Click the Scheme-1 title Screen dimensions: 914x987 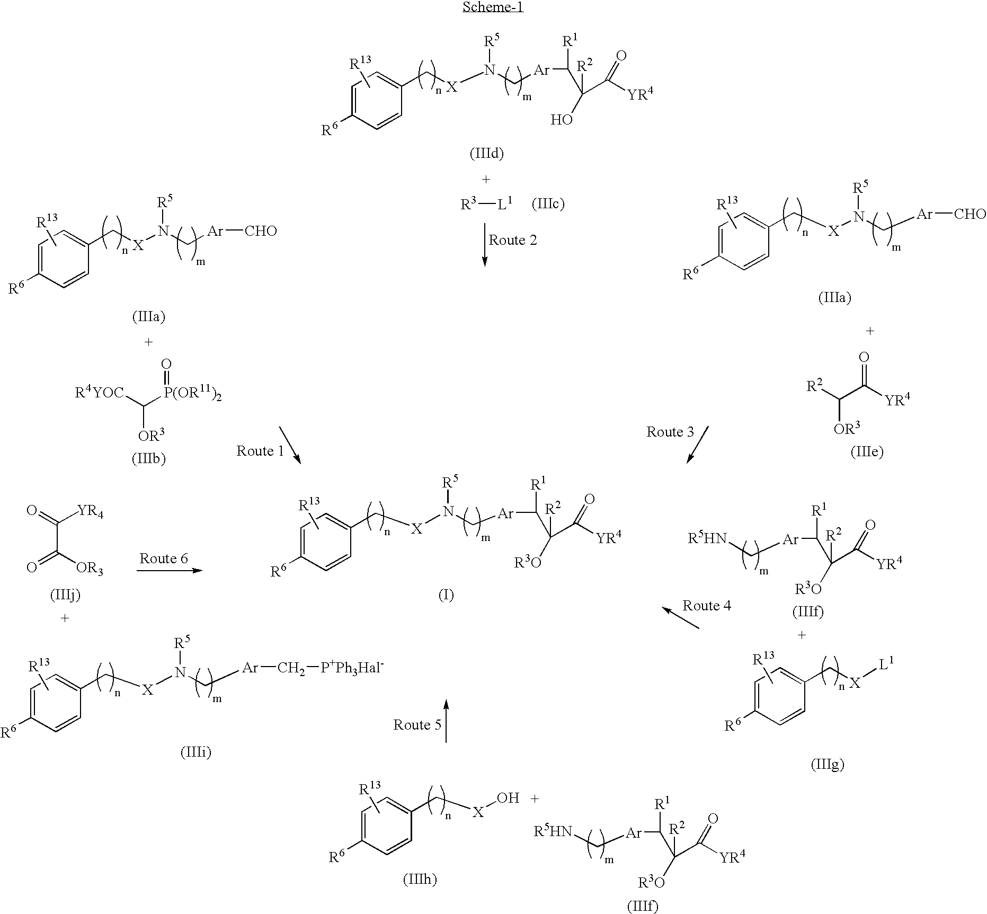tap(493, 7)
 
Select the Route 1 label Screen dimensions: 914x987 tap(260, 451)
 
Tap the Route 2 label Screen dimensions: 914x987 tap(512, 240)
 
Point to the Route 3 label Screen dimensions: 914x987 tap(670, 432)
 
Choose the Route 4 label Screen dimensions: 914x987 tap(706, 606)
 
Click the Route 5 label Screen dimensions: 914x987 tap(417, 724)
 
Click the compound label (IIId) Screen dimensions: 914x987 tap(486, 154)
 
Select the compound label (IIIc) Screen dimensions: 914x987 tap(548, 204)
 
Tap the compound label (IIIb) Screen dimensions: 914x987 tap(148, 458)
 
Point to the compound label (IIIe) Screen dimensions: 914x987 tap(867, 451)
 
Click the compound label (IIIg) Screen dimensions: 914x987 tap(827, 764)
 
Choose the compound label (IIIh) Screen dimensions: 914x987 tap(420, 880)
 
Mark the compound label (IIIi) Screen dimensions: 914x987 tap(195, 752)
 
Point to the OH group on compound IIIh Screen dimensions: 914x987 tap(508, 798)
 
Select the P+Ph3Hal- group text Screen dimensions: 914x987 tap(352, 668)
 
